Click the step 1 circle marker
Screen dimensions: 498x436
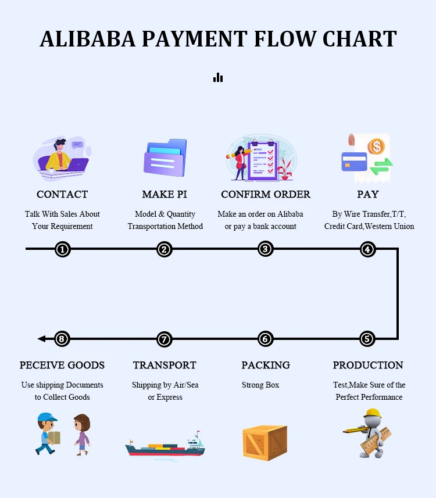coord(63,249)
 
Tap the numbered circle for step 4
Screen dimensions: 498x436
coord(367,249)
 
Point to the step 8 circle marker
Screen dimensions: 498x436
coord(63,339)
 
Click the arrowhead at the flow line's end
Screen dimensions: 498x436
coord(41,339)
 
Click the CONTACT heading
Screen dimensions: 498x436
coord(62,194)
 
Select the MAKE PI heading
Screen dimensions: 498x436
coord(165,194)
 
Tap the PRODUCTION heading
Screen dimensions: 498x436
coord(368,365)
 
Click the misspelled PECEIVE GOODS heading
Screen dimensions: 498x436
coord(62,365)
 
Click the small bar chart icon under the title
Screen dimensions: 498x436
coord(218,77)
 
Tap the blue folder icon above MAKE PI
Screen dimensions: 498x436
coord(165,157)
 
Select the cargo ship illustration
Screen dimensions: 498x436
coord(165,446)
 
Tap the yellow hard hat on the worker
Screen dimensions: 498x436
coord(372,414)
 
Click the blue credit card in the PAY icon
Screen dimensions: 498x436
coord(354,161)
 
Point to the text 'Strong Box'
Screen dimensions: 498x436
coord(260,385)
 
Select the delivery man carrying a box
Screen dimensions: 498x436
coord(48,433)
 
